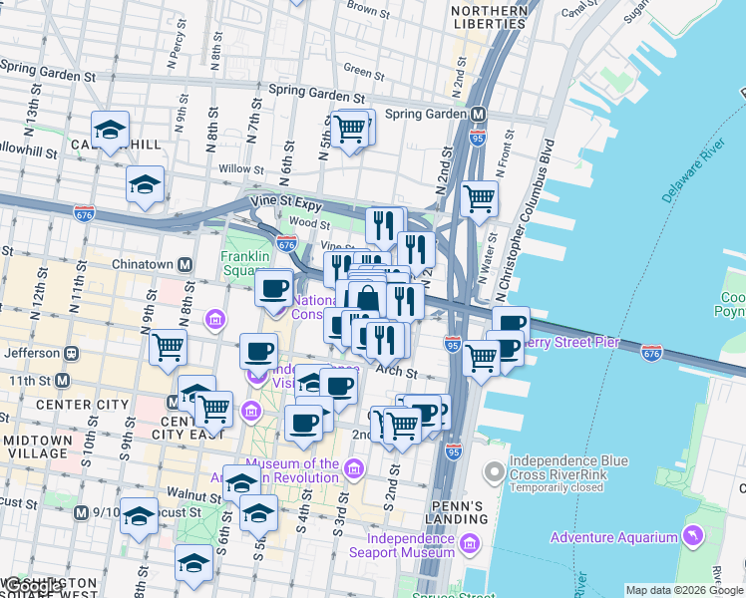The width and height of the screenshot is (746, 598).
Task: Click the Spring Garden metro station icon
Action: click(x=479, y=114)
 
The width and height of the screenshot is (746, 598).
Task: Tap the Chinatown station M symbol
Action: click(x=185, y=265)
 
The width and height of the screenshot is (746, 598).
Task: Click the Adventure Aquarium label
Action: click(x=614, y=538)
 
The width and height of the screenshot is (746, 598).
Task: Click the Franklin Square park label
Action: click(x=245, y=264)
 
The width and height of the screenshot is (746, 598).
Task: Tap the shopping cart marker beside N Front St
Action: click(x=480, y=197)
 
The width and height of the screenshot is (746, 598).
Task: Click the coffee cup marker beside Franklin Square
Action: click(x=273, y=289)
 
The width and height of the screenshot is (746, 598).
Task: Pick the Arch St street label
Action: click(x=396, y=371)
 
